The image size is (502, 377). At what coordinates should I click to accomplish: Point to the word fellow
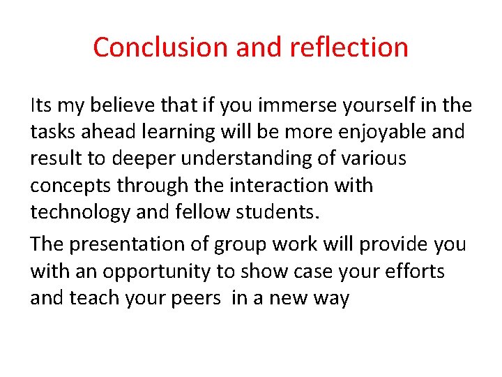187,212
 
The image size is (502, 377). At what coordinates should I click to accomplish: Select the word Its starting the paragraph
40,105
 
